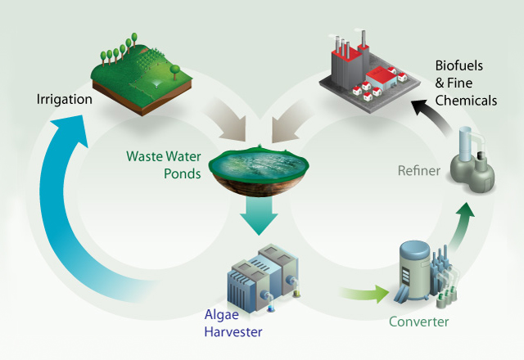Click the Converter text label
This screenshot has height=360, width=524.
click(418, 322)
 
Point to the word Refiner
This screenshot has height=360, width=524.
click(418, 171)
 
